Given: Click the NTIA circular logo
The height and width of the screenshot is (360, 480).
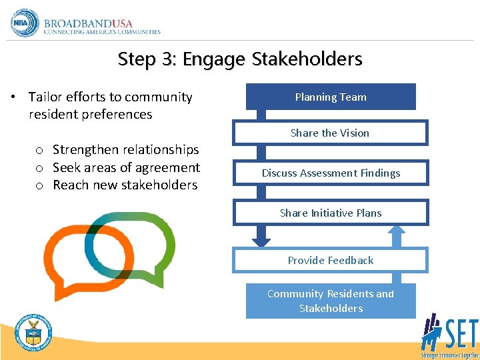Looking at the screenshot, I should [25, 23].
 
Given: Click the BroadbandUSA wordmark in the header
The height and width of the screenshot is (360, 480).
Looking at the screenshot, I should [101, 24].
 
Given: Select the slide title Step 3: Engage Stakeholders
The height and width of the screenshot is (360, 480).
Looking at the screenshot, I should [240, 59].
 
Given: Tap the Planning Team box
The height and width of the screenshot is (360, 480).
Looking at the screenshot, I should [331, 97].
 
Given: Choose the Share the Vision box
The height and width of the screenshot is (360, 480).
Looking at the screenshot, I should [330, 133].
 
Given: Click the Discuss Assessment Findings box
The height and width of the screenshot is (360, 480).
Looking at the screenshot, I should [331, 173].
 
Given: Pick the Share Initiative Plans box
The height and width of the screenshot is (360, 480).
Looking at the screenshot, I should [331, 213].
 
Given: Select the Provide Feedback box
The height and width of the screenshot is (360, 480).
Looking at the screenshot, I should [330, 260].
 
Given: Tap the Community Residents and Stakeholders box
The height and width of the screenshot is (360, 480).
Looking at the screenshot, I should [331, 301].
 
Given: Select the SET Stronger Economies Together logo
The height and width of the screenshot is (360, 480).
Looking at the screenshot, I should [448, 336].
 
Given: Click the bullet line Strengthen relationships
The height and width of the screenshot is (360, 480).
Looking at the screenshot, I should [125, 149].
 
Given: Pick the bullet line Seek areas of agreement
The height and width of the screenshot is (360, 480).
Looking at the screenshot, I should [126, 167].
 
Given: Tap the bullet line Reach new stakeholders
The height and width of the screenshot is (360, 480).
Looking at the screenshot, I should [125, 185].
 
